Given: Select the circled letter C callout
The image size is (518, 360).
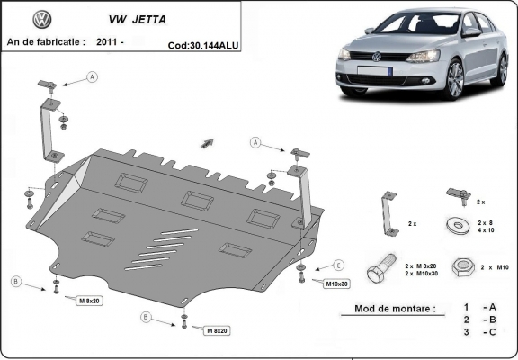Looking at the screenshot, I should point(339,265).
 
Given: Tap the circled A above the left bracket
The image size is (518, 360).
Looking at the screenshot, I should point(92,78).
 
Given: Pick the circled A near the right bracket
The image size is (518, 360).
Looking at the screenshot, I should point(255,143).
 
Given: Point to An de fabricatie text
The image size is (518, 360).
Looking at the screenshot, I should point(45,41).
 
